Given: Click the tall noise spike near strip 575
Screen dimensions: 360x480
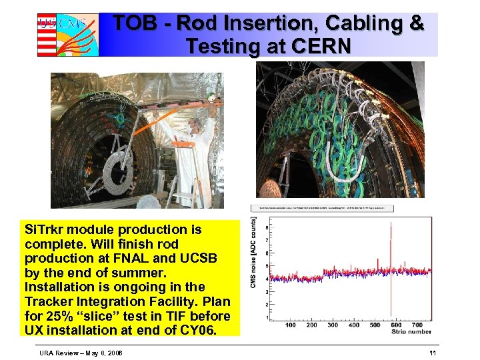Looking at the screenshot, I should point(391,267).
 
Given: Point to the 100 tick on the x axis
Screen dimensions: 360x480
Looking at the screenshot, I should point(291,325).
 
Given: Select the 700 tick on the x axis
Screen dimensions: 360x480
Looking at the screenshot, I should point(418,325).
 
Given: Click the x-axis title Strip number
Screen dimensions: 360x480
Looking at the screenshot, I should point(411,331).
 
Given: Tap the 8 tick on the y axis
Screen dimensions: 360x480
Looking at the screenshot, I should point(267,228).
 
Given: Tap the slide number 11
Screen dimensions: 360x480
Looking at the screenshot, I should point(433,352).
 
